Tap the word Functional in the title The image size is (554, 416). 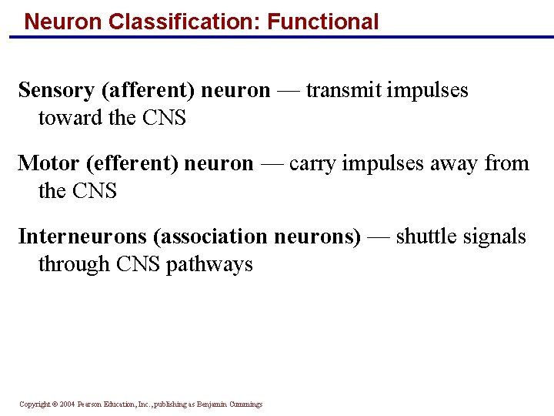click(323, 21)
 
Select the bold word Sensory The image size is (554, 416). click(56, 90)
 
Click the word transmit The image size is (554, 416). click(344, 90)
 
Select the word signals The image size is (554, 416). click(493, 236)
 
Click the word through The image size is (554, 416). click(75, 264)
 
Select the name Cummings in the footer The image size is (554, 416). click(245, 404)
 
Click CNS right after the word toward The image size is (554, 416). click(164, 118)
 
